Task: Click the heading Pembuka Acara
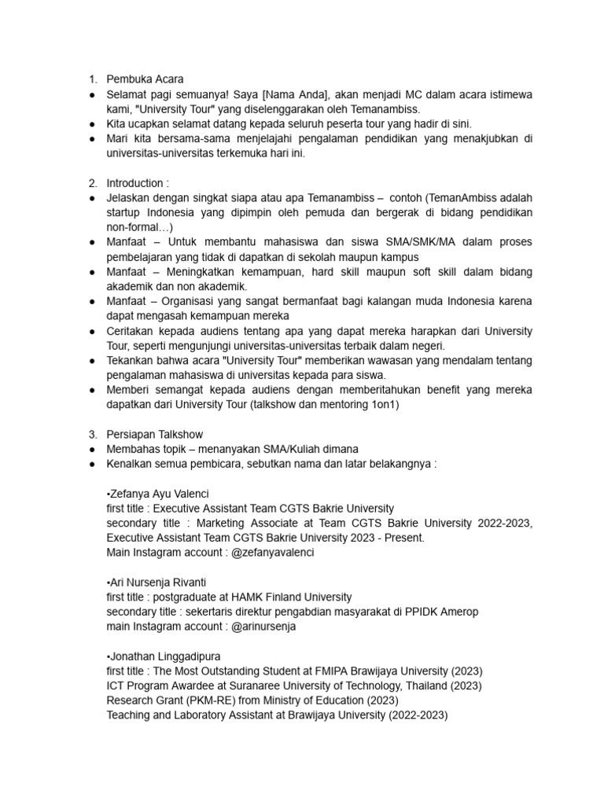(x=145, y=79)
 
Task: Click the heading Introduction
(x=138, y=183)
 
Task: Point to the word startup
(x=126, y=213)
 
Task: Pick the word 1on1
(x=385, y=405)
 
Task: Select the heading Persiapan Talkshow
(x=155, y=434)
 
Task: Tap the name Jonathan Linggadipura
(x=164, y=656)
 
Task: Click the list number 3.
(x=92, y=434)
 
